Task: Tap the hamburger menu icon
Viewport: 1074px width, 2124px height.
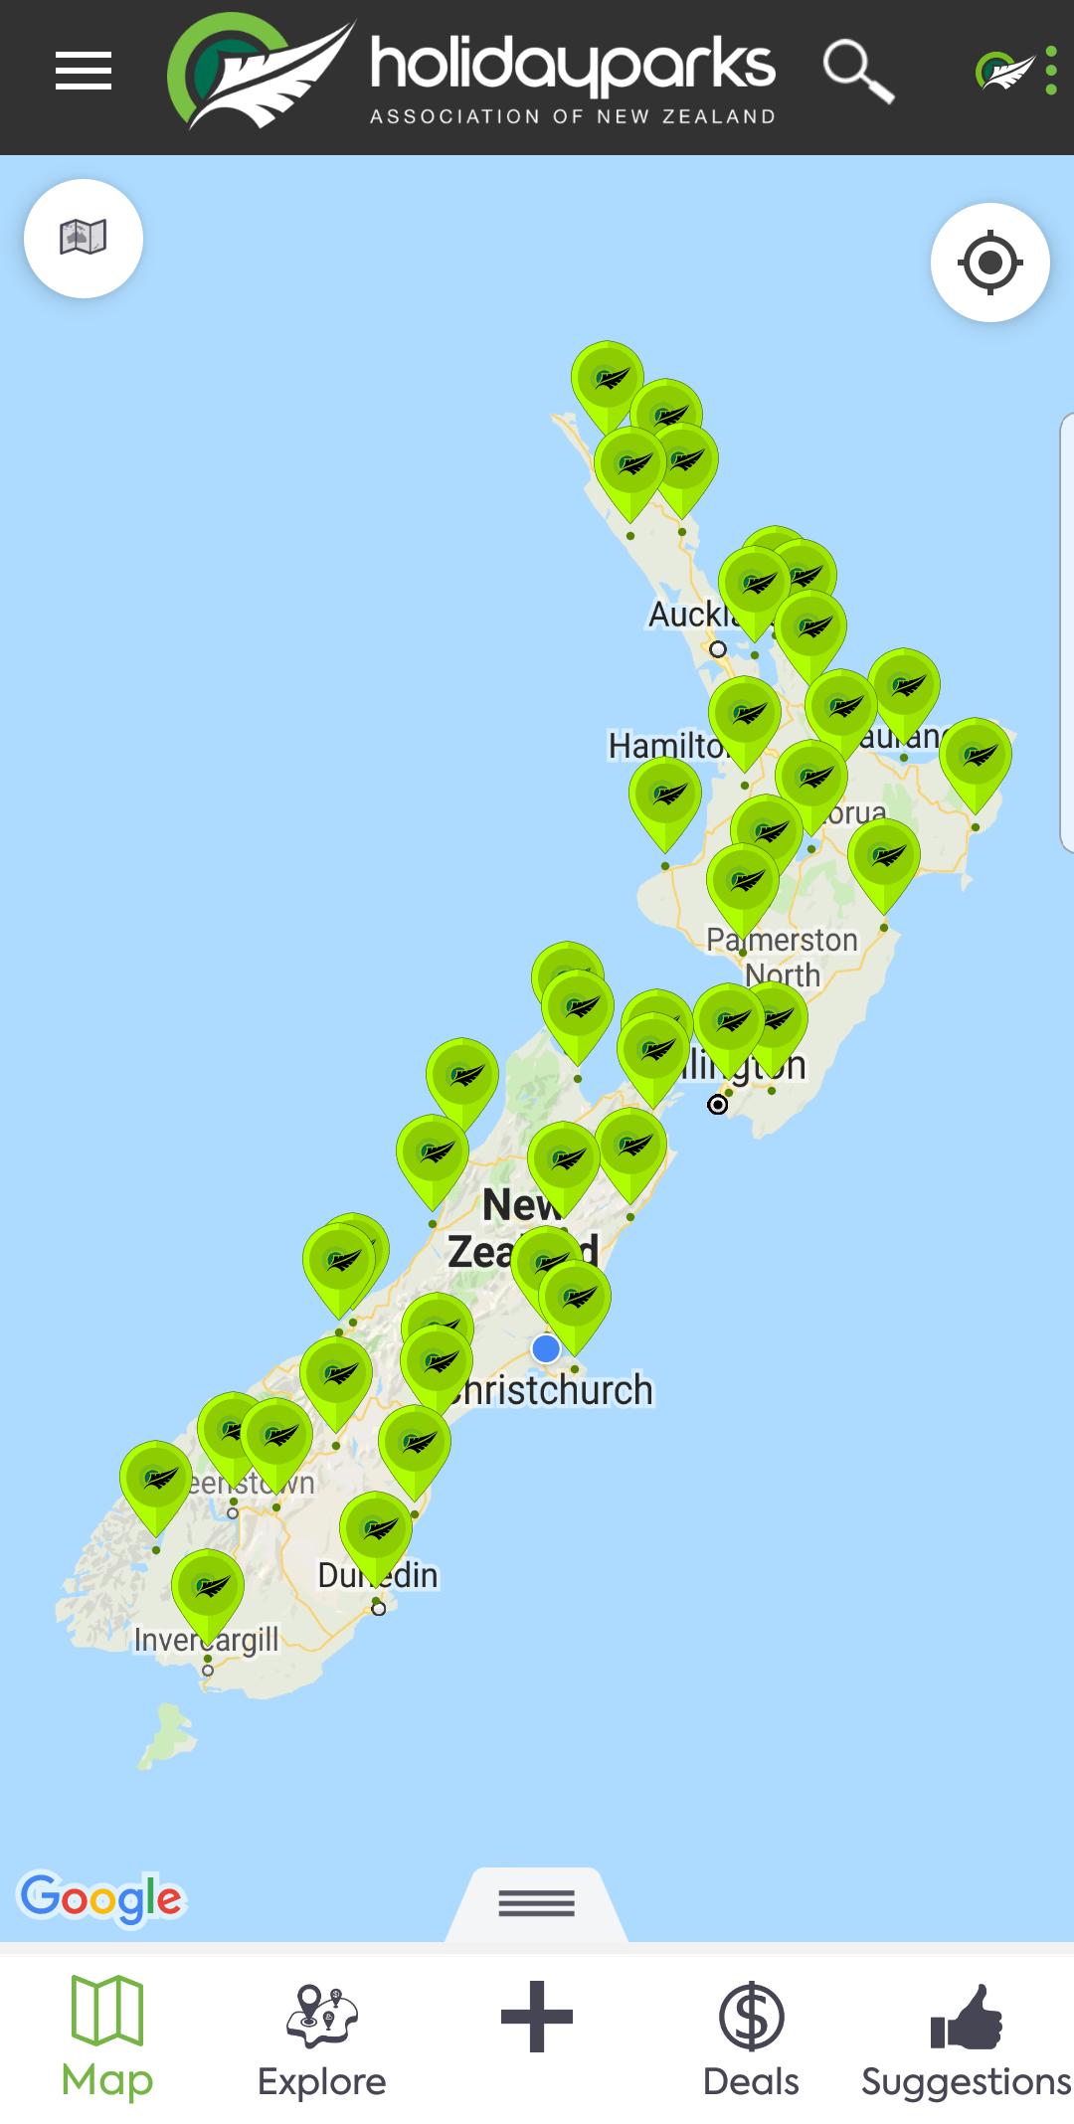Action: point(84,71)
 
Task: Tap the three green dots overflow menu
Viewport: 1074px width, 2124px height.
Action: point(1051,71)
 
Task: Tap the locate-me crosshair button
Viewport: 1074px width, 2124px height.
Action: point(989,263)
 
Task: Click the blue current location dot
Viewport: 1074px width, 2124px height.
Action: point(546,1348)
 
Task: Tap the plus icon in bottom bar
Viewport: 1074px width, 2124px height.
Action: point(537,2017)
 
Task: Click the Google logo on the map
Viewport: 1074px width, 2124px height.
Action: point(101,1898)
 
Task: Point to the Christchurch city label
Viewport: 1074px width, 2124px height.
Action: point(557,1390)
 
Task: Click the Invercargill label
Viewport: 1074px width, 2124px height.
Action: point(206,1640)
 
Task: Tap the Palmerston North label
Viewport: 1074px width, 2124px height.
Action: point(783,956)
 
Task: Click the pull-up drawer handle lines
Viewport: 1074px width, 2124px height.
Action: point(537,1902)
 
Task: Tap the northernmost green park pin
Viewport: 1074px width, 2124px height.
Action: point(607,378)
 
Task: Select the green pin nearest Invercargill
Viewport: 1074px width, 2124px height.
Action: point(208,1587)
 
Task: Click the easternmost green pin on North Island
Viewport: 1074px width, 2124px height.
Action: point(976,756)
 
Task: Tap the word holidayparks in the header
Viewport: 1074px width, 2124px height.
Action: point(572,65)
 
